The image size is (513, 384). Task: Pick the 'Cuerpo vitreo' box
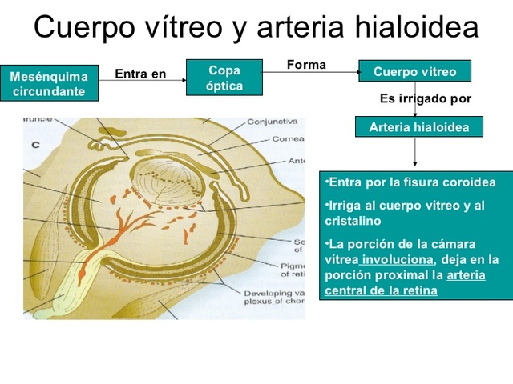point(414,72)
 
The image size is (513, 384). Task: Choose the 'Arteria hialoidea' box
point(414,127)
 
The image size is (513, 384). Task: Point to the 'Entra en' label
point(140,75)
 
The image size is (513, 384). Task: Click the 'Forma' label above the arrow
point(306,65)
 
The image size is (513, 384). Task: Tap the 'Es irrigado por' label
point(425,99)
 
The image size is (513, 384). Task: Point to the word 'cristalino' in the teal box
point(353,221)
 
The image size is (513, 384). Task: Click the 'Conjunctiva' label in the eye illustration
point(273,122)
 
